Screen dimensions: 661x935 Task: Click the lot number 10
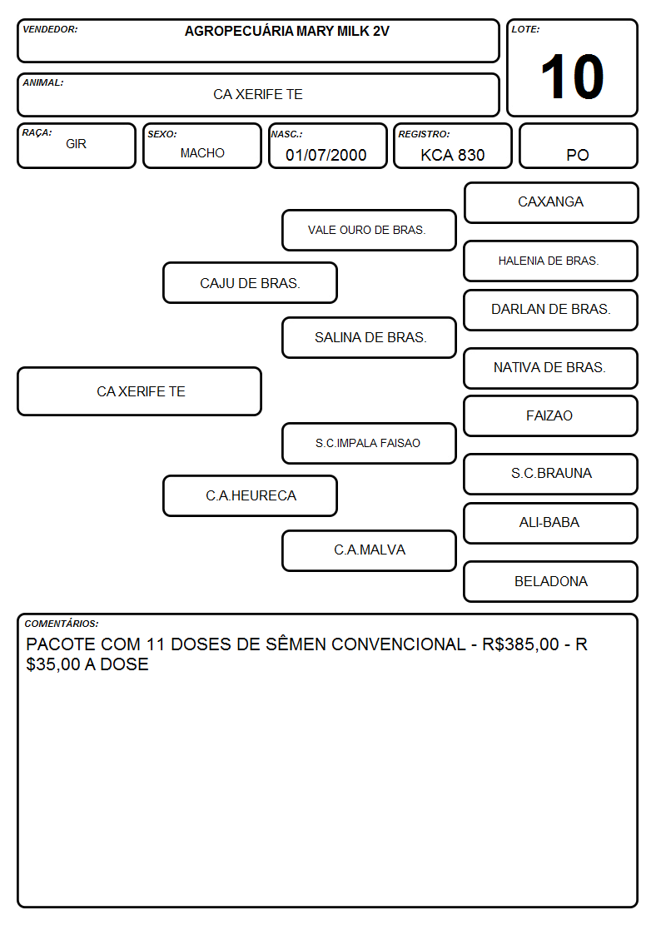click(x=572, y=77)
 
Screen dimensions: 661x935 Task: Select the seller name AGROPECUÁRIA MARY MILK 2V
click(x=286, y=31)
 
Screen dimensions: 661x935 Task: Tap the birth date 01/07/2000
click(x=326, y=155)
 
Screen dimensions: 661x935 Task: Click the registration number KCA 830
click(x=452, y=155)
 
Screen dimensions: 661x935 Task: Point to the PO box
click(x=578, y=146)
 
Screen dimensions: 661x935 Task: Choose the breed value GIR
click(x=77, y=144)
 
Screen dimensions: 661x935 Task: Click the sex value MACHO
click(x=202, y=153)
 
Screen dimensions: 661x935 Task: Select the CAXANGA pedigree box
click(x=551, y=203)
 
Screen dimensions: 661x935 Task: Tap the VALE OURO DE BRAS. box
click(x=369, y=230)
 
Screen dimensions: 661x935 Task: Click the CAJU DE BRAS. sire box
click(x=250, y=282)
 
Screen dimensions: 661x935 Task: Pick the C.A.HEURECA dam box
click(x=250, y=495)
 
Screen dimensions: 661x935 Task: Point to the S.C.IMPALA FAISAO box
click(x=369, y=443)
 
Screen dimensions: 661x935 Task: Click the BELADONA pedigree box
click(x=551, y=581)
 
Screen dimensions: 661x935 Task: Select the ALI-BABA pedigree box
click(x=551, y=523)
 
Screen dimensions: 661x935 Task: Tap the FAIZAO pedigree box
click(x=551, y=415)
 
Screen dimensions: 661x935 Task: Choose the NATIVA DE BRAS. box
click(x=551, y=368)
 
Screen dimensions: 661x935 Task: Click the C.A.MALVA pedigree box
click(x=369, y=550)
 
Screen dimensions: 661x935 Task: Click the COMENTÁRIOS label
click(x=62, y=624)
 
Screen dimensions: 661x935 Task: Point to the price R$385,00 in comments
click(x=520, y=644)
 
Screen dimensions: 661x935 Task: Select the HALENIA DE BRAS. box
click(x=551, y=261)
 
